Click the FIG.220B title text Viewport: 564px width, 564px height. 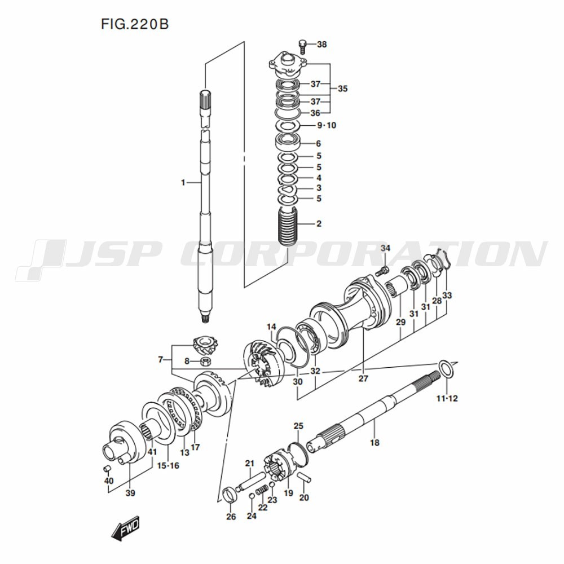135,24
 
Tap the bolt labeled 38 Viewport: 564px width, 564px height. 302,46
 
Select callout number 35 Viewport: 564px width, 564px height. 342,89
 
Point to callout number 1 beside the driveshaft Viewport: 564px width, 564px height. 183,183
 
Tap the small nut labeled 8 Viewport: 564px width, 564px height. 206,361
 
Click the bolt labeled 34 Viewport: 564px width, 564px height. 382,271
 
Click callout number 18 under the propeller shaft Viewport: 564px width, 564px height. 374,442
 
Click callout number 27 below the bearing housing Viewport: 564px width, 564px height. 363,378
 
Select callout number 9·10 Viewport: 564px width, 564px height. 327,125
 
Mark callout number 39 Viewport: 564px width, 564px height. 130,493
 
